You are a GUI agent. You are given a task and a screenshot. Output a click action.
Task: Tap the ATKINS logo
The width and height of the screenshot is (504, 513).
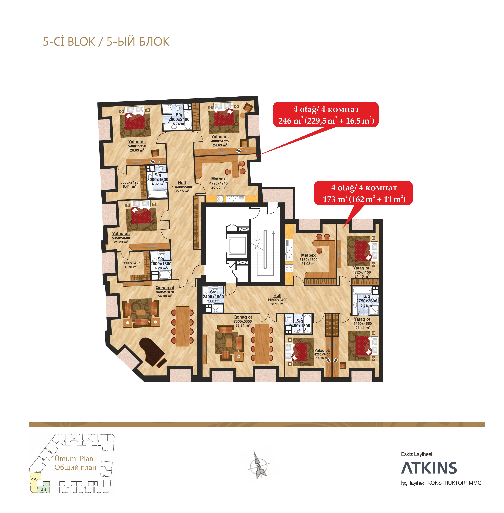tap(429, 468)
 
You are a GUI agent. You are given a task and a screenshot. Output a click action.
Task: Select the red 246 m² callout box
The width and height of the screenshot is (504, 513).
tap(326, 114)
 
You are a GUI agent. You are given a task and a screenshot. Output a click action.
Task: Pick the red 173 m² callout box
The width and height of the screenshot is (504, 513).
tap(363, 193)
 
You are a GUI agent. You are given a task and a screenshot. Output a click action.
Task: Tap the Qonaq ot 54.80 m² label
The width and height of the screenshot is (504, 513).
tap(165, 292)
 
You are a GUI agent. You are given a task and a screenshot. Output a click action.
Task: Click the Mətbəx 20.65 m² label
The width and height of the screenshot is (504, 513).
tap(218, 183)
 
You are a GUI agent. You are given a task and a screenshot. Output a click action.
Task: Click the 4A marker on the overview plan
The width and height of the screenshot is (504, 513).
tap(34, 479)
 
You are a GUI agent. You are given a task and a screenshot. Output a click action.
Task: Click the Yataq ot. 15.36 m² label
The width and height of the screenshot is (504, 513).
tap(322, 354)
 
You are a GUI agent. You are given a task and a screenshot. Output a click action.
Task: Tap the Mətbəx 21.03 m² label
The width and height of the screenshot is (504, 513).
tap(308, 259)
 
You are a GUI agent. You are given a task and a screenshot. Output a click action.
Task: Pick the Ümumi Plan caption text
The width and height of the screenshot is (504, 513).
tap(74, 459)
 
